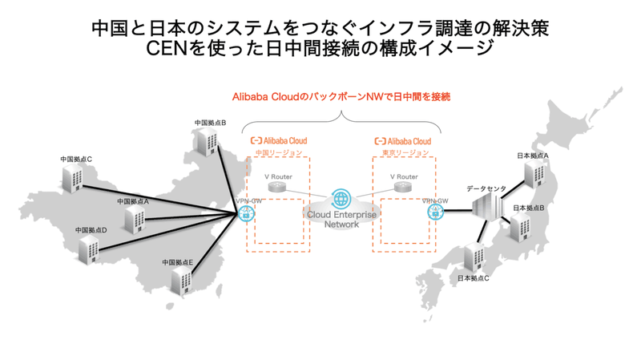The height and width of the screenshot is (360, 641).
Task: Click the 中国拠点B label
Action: click(210, 123)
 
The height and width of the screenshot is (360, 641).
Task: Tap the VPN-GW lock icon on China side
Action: click(246, 213)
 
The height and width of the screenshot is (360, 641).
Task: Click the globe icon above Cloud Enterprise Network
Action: click(341, 200)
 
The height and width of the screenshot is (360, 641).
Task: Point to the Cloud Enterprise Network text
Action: click(341, 220)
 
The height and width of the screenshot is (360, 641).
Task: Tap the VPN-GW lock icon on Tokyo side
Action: click(435, 212)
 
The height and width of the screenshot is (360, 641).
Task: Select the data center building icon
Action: click(486, 211)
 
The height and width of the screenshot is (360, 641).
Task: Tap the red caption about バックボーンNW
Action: click(341, 95)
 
